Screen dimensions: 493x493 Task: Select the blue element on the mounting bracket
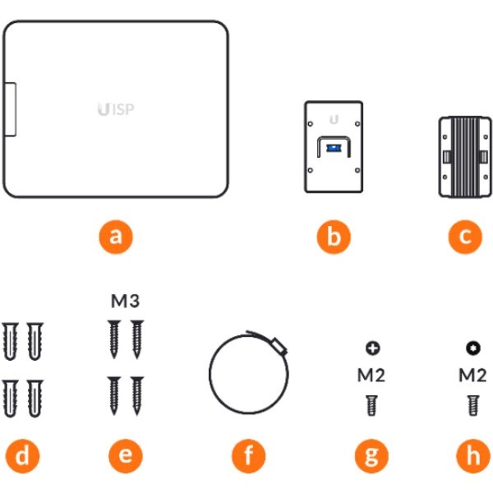coord(333,148)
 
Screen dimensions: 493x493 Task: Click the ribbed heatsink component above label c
coord(465,156)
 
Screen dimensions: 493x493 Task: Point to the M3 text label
coord(125,302)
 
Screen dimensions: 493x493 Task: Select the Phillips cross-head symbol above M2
coord(372,348)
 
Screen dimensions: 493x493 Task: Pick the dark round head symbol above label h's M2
coord(472,348)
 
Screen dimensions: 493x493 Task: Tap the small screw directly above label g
coord(372,405)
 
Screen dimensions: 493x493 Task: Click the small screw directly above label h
coord(472,405)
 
